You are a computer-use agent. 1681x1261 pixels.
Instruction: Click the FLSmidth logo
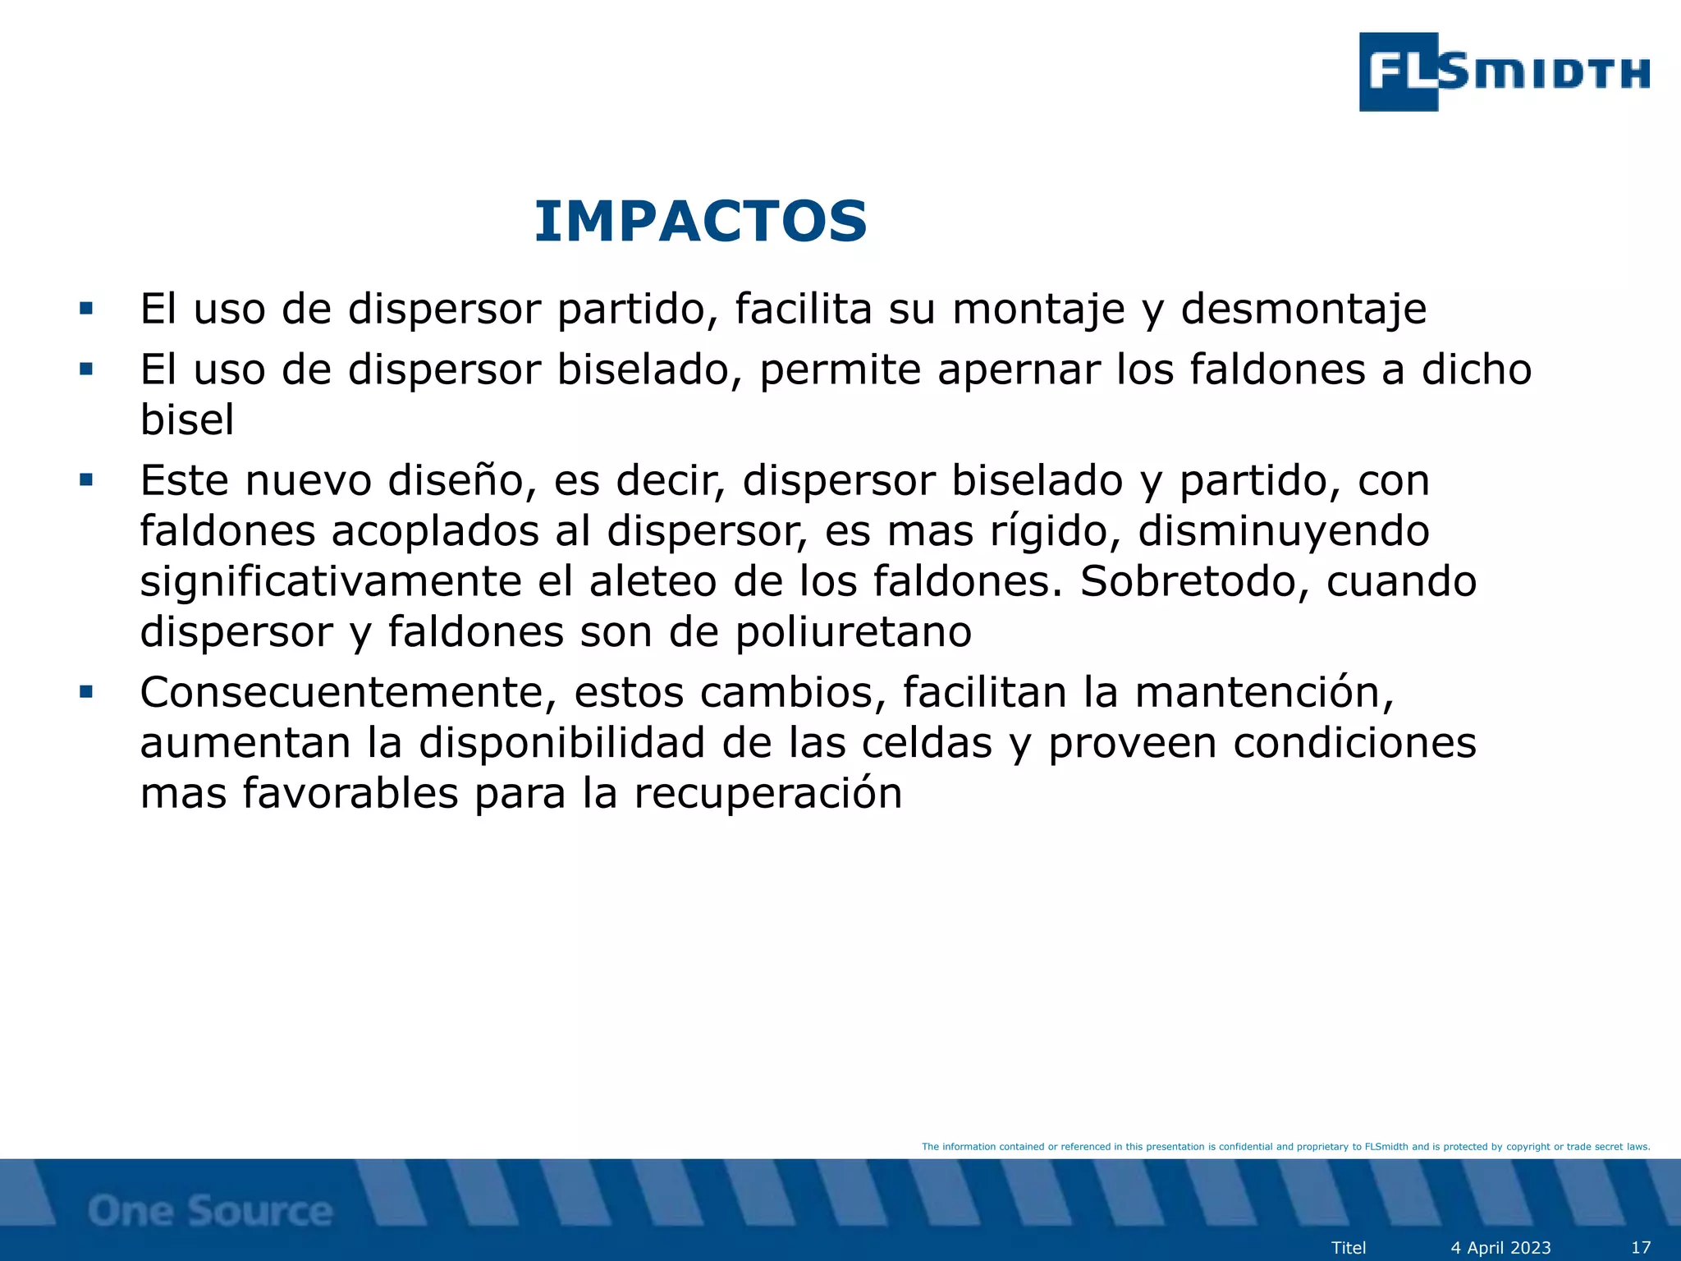click(x=1504, y=72)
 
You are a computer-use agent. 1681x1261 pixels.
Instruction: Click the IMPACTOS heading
click(x=700, y=222)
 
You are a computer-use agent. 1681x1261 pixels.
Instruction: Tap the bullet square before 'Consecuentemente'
click(x=86, y=692)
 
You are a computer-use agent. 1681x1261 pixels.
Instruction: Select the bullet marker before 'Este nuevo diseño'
click(x=86, y=479)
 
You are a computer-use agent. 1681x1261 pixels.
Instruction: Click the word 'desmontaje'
click(x=1303, y=310)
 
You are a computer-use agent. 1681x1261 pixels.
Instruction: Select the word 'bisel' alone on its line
click(x=187, y=420)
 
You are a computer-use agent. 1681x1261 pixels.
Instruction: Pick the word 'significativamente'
click(x=331, y=582)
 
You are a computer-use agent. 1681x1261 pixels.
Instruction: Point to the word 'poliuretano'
click(x=853, y=632)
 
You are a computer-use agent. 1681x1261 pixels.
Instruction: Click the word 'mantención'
click(x=1263, y=692)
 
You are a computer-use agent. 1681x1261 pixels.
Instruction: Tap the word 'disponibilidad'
click(x=562, y=743)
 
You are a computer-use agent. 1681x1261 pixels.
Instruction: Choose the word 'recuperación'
click(x=767, y=794)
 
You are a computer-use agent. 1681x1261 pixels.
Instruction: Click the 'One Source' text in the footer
click(x=210, y=1211)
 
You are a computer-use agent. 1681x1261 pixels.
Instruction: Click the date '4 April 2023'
click(x=1500, y=1248)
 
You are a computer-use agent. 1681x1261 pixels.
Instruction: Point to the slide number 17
click(x=1640, y=1248)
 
